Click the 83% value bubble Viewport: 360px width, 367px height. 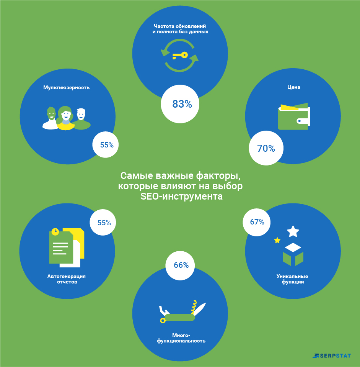(180, 104)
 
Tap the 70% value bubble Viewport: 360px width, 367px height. (266, 148)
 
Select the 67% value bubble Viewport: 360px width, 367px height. (257, 222)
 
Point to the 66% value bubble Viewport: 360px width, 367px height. (180, 265)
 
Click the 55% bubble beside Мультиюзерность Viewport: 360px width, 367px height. (106, 145)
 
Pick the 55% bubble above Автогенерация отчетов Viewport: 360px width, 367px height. (103, 222)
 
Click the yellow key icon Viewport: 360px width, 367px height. (180, 56)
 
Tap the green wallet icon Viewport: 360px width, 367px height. (293, 116)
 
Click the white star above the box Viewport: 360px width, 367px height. (293, 231)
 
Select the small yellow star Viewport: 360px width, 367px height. (277, 240)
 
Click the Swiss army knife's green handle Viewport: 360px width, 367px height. (180, 317)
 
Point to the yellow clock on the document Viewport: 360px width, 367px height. (55, 231)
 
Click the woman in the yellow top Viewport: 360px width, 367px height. (65, 118)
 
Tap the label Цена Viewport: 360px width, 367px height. (293, 87)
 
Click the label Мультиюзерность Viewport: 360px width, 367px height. (67, 88)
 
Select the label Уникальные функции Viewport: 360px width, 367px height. (292, 279)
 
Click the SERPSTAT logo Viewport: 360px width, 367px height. (332, 356)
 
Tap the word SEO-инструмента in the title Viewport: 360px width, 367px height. (181, 197)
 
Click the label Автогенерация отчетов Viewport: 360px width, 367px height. (67, 279)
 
